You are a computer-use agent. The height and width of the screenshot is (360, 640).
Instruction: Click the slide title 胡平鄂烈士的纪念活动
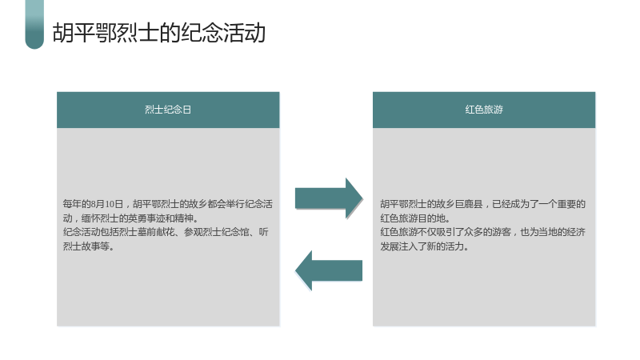[x=159, y=33]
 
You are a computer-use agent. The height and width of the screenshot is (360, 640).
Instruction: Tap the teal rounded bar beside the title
[x=34, y=25]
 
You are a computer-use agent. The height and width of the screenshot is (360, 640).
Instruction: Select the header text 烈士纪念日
[x=168, y=110]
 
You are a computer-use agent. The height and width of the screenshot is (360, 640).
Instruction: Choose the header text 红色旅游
[x=484, y=110]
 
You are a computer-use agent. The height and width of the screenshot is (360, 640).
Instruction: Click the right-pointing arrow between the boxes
[x=329, y=198]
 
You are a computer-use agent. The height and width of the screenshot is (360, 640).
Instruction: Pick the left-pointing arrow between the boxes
[x=329, y=270]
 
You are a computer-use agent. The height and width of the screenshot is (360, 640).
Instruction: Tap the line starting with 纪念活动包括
[x=166, y=232]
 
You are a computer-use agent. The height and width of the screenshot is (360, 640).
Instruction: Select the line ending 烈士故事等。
[x=88, y=246]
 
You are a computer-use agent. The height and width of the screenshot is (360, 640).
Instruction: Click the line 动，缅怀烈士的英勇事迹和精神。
[x=130, y=218]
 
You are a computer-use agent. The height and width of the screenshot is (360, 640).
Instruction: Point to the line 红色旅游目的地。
[x=415, y=218]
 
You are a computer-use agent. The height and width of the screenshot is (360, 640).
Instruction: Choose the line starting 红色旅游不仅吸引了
[x=483, y=232]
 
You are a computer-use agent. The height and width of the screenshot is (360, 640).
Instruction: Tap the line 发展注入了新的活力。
[x=425, y=246]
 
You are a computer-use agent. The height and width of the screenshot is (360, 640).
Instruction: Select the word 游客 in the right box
[x=502, y=232]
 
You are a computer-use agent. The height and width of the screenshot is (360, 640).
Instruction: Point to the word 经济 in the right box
[x=576, y=232]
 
